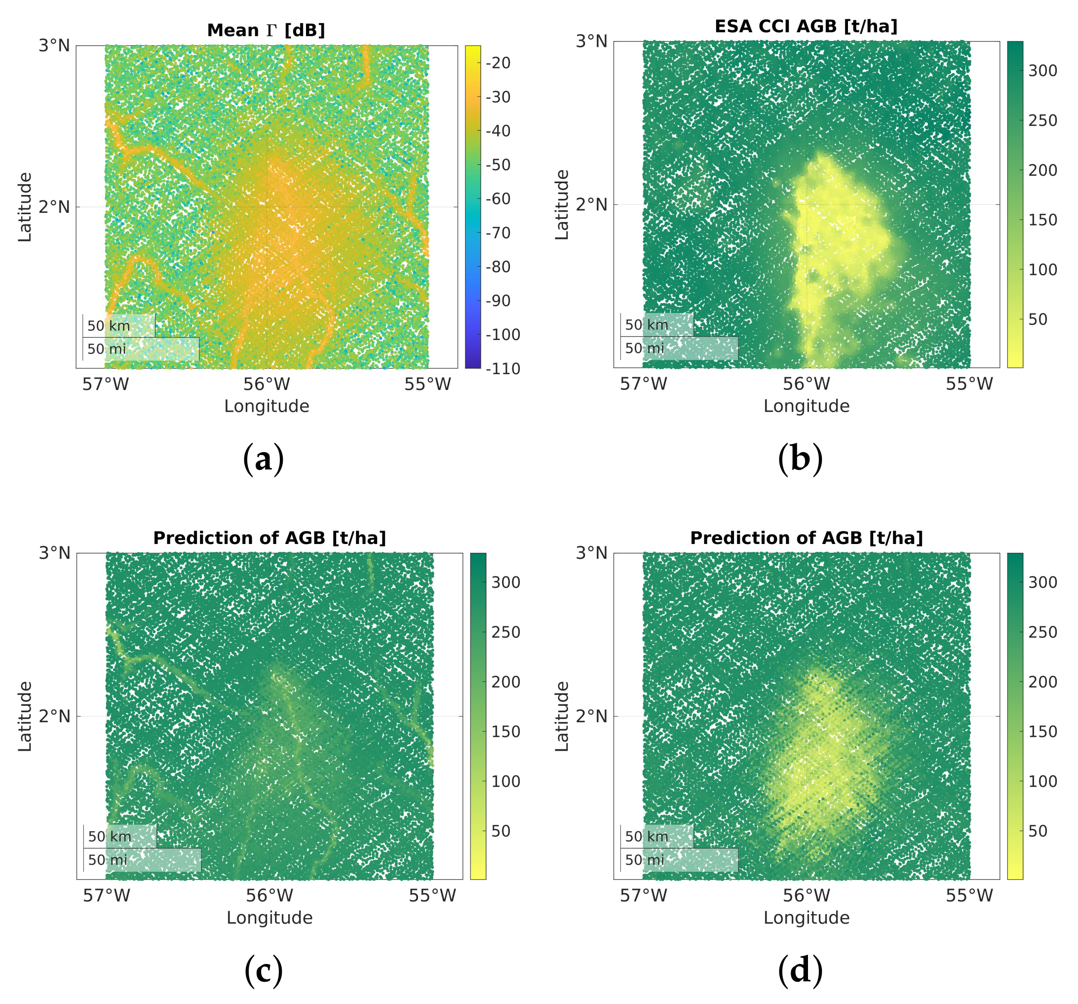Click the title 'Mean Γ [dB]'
(266, 31)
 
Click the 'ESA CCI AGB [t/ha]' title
(806, 26)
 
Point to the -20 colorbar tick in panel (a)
(499, 63)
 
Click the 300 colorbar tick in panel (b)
(1042, 71)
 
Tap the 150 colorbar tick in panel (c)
(505, 732)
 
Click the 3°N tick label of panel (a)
(54, 45)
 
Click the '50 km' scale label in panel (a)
(109, 326)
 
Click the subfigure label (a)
(264, 459)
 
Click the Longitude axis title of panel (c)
(269, 918)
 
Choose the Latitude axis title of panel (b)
(562, 204)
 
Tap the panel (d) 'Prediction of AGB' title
(806, 538)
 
